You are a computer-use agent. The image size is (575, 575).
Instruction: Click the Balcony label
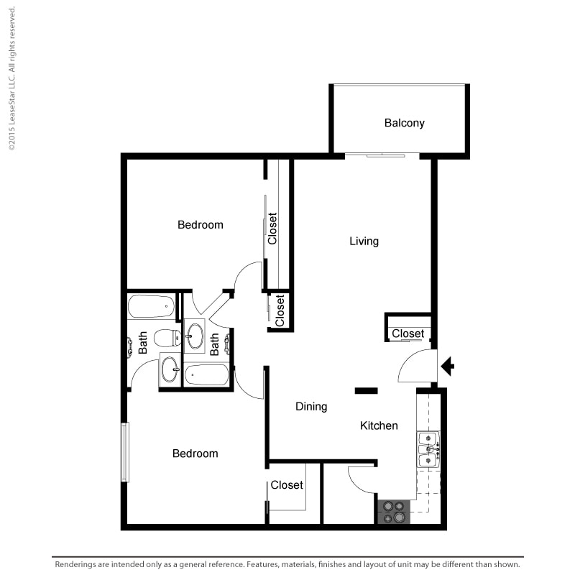tap(405, 123)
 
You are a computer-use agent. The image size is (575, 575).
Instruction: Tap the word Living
tap(364, 241)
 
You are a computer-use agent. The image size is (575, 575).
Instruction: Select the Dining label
tap(311, 407)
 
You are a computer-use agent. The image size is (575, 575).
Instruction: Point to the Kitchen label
tap(379, 425)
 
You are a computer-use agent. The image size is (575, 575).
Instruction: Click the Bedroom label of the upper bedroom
tap(201, 225)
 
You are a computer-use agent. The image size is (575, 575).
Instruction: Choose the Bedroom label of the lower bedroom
tap(195, 454)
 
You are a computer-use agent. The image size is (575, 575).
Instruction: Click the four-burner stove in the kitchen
tap(394, 512)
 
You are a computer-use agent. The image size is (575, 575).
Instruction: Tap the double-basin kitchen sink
tap(428, 449)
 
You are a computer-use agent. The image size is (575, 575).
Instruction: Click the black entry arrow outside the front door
tap(447, 366)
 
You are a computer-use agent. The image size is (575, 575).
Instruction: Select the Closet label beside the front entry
tap(408, 333)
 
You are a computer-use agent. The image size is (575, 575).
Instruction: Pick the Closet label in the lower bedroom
tap(287, 485)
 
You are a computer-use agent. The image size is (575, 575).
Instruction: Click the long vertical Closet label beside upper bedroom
tap(272, 229)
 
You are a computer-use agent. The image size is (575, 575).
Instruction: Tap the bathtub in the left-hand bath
tap(151, 306)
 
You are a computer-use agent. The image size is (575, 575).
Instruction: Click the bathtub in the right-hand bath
tap(206, 374)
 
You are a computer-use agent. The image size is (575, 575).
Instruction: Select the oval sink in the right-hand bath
tap(195, 336)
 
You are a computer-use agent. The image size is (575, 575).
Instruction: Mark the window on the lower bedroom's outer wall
tap(125, 452)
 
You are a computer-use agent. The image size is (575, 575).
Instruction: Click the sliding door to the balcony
tap(382, 155)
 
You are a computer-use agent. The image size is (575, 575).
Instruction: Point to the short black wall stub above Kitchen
tap(366, 391)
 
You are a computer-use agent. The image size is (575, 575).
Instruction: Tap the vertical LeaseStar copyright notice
tap(11, 78)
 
